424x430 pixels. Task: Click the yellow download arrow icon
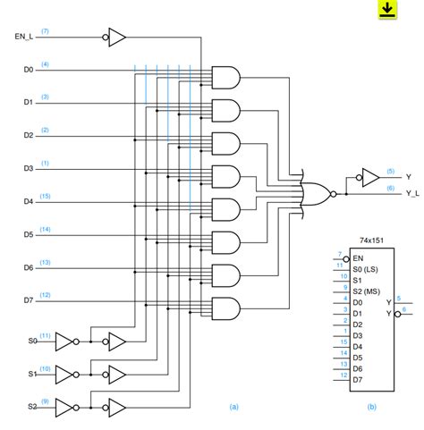(x=386, y=9)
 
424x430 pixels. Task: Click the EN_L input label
(x=24, y=38)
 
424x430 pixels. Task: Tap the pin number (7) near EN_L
(x=45, y=31)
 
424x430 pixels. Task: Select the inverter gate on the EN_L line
(x=115, y=38)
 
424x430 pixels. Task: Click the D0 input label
(x=28, y=70)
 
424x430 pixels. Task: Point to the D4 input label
(x=28, y=201)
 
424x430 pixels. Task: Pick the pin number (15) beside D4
(x=45, y=195)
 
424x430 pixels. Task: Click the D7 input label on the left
(x=28, y=300)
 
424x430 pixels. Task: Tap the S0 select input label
(x=32, y=341)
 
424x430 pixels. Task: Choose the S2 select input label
(x=32, y=406)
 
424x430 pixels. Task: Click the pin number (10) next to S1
(x=45, y=367)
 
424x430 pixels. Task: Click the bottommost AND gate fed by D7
(x=225, y=308)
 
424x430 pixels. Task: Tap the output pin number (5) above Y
(x=390, y=170)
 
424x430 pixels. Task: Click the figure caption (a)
(x=234, y=407)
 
